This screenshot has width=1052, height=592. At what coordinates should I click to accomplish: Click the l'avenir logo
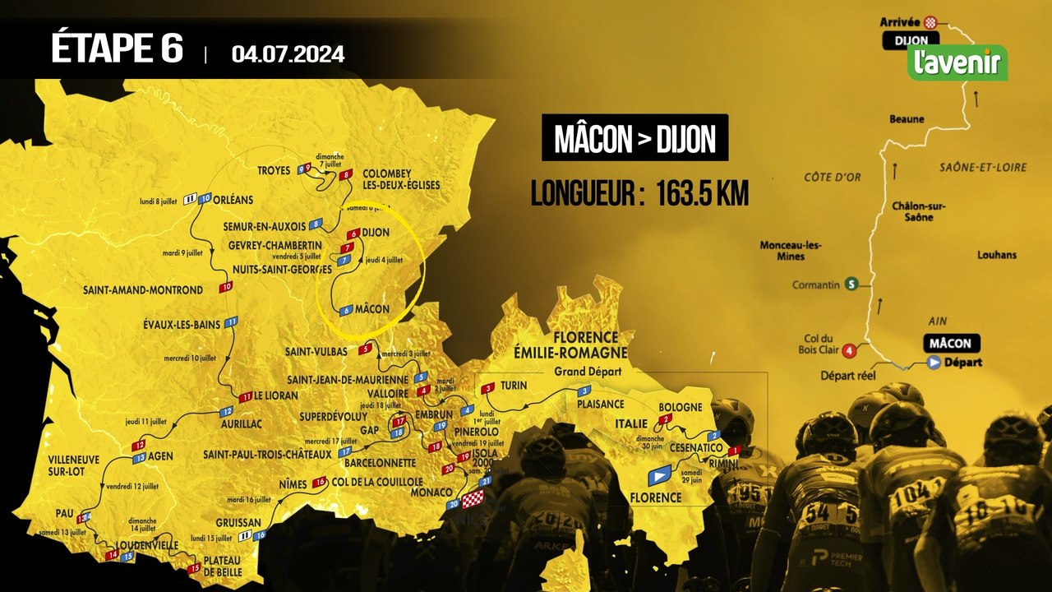point(957,62)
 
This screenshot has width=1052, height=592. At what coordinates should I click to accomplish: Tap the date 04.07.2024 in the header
point(288,54)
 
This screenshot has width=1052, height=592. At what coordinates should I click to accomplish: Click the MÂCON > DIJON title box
point(634,138)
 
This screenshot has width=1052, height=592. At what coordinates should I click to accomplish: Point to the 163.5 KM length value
point(703,194)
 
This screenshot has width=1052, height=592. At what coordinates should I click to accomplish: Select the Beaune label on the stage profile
point(907,119)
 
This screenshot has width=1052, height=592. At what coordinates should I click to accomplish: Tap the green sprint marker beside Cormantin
point(852,284)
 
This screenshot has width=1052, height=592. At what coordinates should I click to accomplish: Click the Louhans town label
point(997,255)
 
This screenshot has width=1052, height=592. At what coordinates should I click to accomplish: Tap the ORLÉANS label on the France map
point(238,198)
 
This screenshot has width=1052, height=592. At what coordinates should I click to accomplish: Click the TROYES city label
point(274,171)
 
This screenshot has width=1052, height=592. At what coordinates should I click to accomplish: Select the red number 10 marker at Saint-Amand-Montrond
point(225,287)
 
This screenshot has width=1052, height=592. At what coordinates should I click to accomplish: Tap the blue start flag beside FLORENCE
point(659,475)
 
